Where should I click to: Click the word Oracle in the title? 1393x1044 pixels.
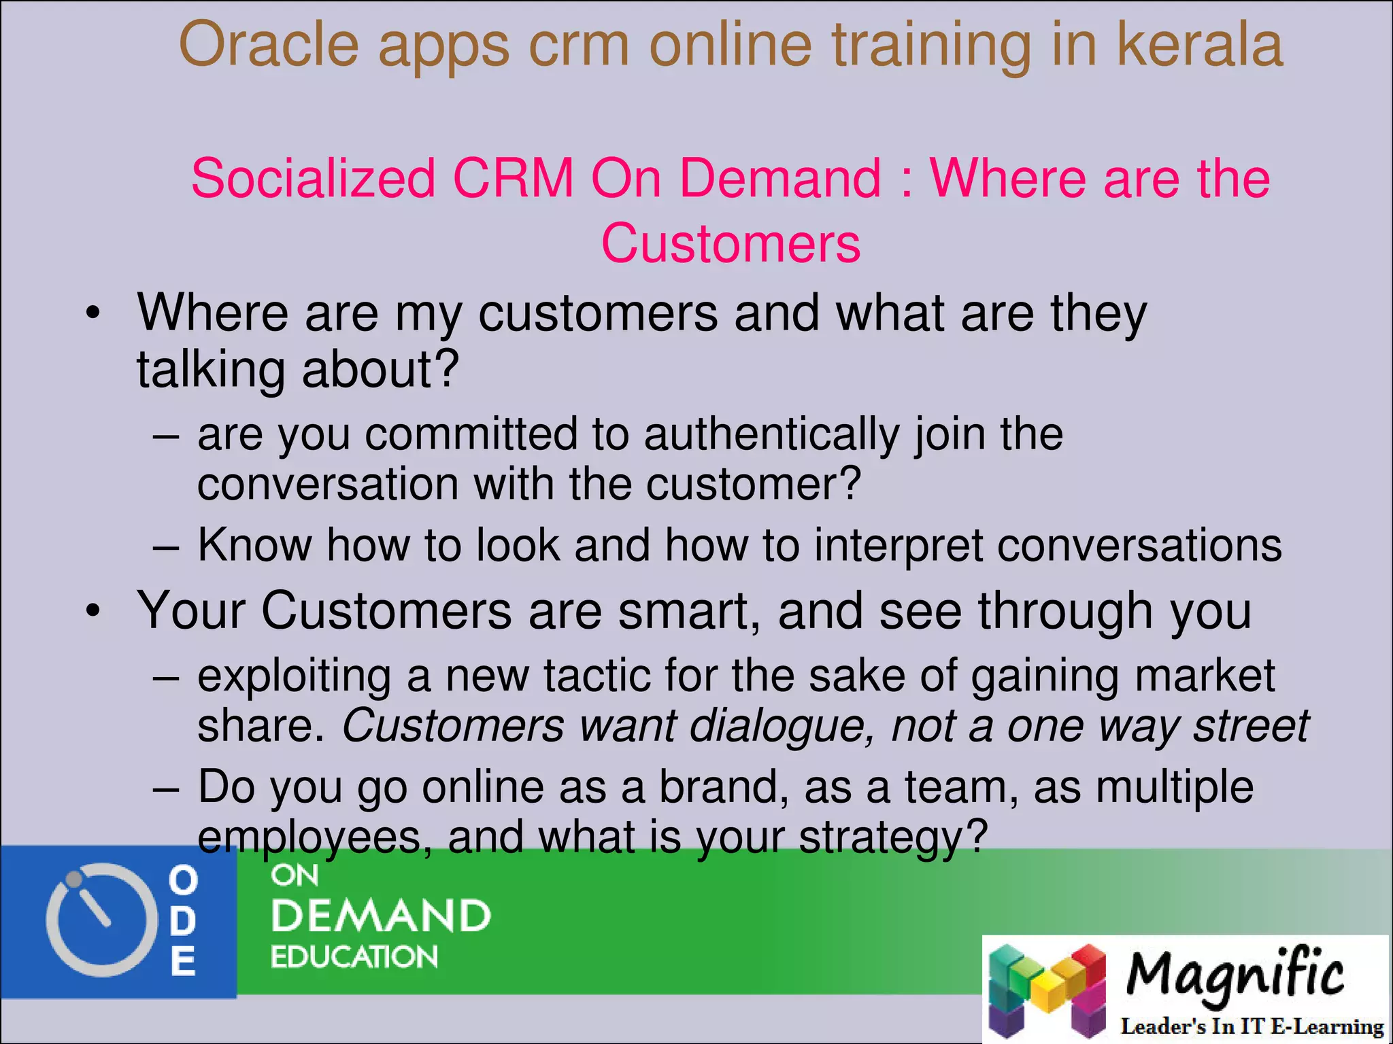coord(268,45)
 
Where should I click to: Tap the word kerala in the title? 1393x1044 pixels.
coord(1200,45)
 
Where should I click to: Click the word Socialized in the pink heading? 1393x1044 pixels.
coord(313,178)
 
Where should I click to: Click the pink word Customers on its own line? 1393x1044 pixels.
coord(731,243)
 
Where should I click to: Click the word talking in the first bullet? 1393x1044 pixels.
coord(210,370)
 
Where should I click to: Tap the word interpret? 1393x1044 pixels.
coord(899,546)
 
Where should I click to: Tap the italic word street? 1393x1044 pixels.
coord(1251,726)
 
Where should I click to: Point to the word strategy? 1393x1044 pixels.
coord(892,837)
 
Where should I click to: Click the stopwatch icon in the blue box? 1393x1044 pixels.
coord(96,920)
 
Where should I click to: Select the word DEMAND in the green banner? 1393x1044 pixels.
coord(381,916)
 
